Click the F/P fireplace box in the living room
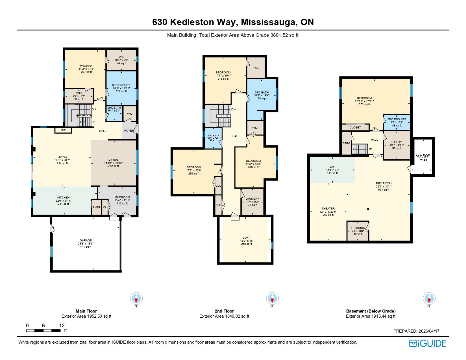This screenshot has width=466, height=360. pyautogui.click(x=64, y=130)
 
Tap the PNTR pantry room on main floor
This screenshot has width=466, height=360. pyautogui.click(x=96, y=207)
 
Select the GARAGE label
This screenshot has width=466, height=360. pyautogui.click(x=86, y=241)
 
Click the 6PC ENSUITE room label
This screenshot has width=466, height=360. pyautogui.click(x=121, y=85)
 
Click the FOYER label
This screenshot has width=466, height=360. pyautogui.click(x=129, y=131)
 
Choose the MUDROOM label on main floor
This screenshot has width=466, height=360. pyautogui.click(x=122, y=197)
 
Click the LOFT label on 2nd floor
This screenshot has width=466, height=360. pyautogui.click(x=246, y=238)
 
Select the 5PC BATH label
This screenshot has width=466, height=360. pyautogui.click(x=262, y=93)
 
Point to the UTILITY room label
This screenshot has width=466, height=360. pyautogui.click(x=397, y=142)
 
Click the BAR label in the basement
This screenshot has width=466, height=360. pyautogui.click(x=332, y=167)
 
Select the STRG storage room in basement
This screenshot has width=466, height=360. pyautogui.click(x=347, y=143)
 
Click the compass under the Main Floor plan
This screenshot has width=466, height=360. pyautogui.click(x=136, y=298)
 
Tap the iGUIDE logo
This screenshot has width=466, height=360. pyautogui.click(x=428, y=343)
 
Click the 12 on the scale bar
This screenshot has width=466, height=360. pyautogui.click(x=62, y=326)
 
